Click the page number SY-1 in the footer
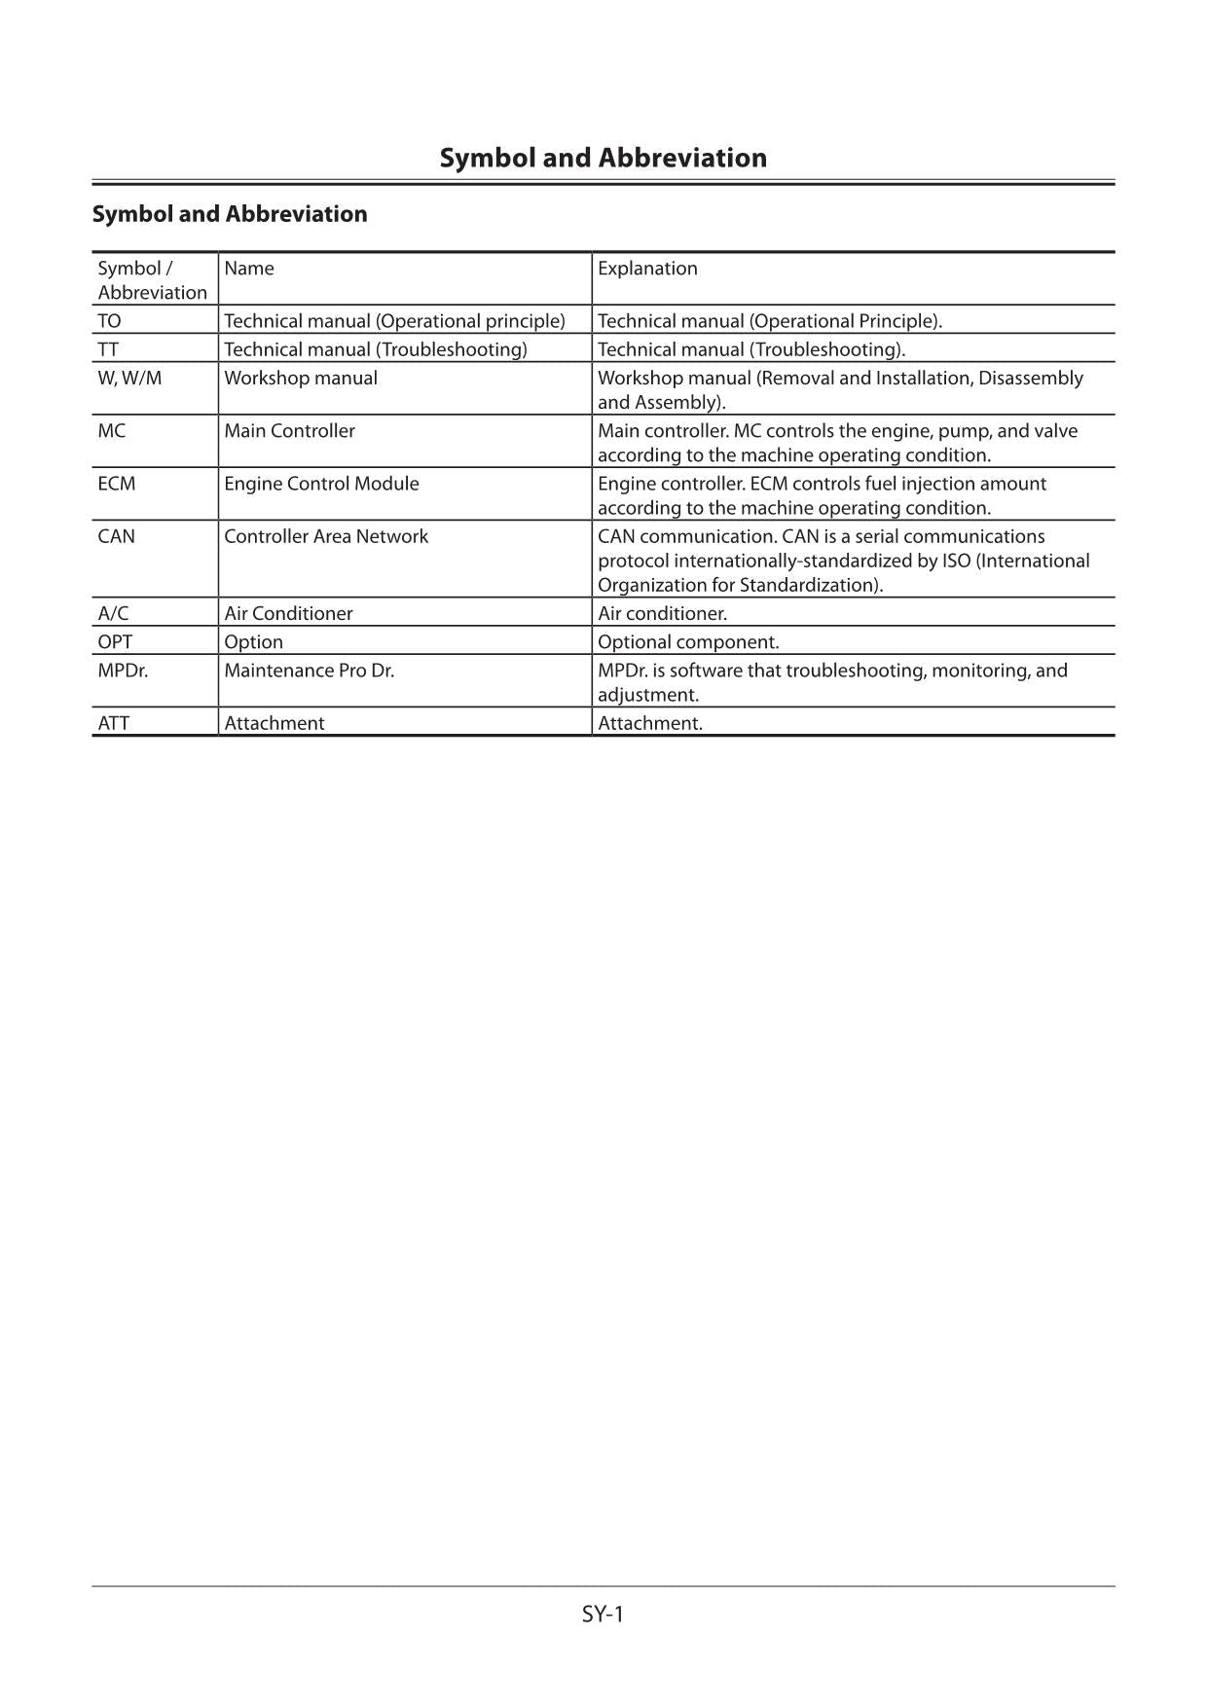tap(603, 1614)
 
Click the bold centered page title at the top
tap(603, 158)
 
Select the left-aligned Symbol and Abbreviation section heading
tap(230, 214)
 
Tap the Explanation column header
tap(647, 269)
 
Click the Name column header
tap(249, 269)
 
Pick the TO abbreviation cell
tap(110, 321)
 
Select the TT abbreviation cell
tap(108, 349)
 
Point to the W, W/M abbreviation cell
tap(129, 378)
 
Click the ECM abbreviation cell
tap(117, 484)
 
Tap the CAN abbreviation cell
tap(117, 536)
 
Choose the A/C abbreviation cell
tap(113, 613)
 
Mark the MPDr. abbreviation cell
tap(123, 671)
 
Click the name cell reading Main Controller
tap(289, 431)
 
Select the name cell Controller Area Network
tap(326, 536)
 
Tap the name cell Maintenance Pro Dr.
tap(309, 671)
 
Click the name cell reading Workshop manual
tap(301, 378)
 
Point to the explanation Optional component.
tap(688, 642)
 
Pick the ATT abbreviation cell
tap(113, 723)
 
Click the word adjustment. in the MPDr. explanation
tap(648, 695)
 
